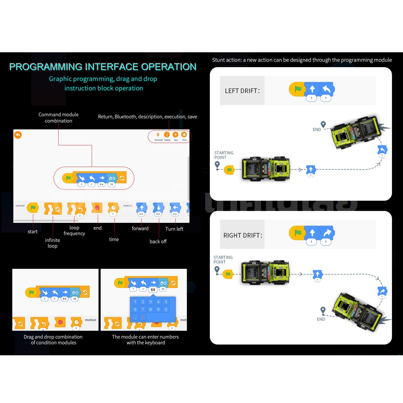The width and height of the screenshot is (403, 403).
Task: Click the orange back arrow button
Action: (18, 135)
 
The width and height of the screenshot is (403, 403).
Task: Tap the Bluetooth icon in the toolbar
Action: (158, 135)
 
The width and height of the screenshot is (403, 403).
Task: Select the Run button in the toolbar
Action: (176, 135)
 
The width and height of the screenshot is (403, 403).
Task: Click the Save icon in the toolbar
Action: (184, 135)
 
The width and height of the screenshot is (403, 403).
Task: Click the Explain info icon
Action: (167, 135)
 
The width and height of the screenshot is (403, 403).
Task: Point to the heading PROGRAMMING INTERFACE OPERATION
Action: (103, 67)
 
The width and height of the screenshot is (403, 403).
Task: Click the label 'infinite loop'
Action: (53, 243)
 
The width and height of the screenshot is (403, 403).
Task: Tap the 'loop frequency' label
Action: (74, 231)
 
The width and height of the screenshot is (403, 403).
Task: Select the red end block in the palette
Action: (97, 208)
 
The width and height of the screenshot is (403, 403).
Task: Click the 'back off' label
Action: (158, 242)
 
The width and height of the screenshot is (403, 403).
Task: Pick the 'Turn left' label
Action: (174, 229)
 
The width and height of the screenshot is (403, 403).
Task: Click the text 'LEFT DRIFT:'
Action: (242, 91)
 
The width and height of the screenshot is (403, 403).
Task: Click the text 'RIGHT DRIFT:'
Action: (243, 235)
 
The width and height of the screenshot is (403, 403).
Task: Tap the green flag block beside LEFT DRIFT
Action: (297, 89)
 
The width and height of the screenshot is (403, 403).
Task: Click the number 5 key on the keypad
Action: (166, 302)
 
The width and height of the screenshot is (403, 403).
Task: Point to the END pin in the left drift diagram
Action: (323, 124)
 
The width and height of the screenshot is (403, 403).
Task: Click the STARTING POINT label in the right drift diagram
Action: (223, 260)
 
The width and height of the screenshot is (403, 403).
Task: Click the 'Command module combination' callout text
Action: (58, 118)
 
